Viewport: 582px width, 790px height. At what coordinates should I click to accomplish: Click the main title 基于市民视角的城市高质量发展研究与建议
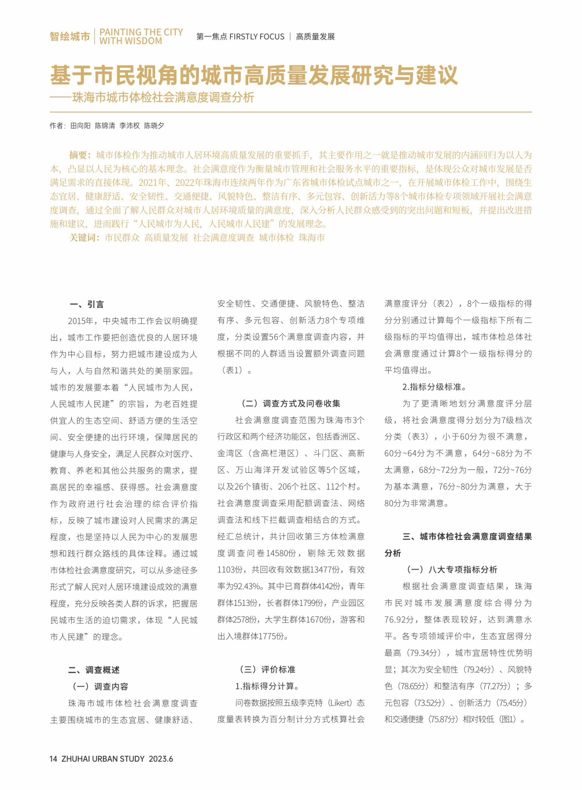click(253, 75)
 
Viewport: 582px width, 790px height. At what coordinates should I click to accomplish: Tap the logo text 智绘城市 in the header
click(69, 36)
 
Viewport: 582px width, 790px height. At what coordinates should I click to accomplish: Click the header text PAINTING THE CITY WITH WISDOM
click(141, 36)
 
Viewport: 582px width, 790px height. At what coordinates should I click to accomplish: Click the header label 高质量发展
click(315, 36)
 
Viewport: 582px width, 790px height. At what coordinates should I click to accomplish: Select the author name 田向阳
click(80, 126)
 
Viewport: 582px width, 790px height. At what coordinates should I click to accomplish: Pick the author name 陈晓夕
click(154, 126)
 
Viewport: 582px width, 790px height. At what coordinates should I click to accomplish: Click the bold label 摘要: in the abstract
click(80, 155)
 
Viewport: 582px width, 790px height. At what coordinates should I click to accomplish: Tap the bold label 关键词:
click(84, 237)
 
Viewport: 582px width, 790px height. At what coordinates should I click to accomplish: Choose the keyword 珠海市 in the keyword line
click(312, 237)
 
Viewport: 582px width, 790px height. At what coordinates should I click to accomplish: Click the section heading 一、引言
click(87, 304)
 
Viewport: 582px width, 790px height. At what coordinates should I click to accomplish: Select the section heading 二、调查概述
click(94, 670)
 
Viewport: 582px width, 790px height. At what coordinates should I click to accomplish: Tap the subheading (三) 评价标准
click(267, 670)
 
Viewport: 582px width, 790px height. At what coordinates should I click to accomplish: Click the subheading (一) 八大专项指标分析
click(451, 570)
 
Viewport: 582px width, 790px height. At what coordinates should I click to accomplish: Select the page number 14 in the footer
click(53, 759)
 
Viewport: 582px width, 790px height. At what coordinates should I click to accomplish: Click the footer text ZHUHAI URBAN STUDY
click(103, 759)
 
